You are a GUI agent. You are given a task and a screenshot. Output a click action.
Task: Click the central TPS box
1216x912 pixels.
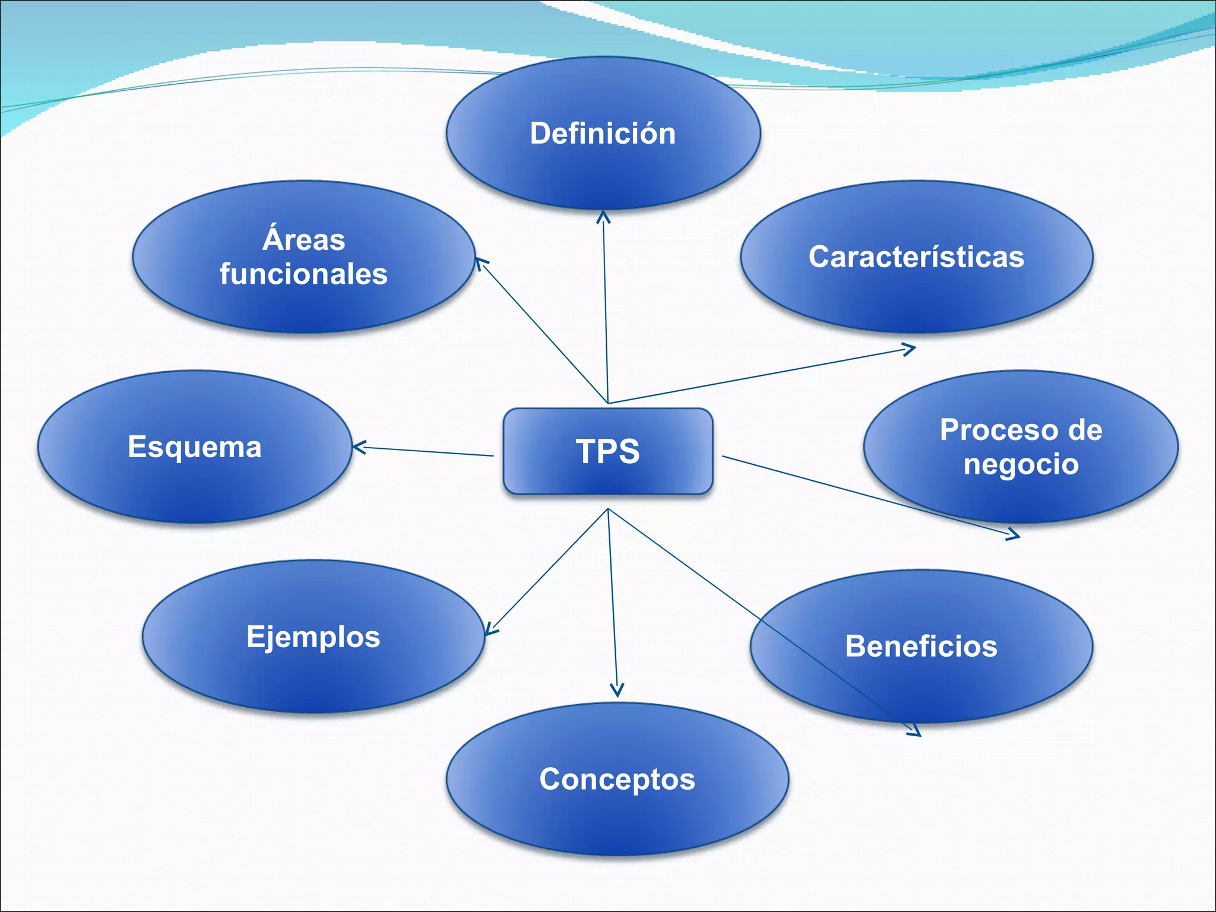pyautogui.click(x=607, y=451)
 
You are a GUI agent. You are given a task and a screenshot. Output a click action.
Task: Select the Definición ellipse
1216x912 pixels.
pyautogui.click(x=603, y=133)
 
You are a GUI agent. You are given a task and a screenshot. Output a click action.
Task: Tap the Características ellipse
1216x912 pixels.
pyautogui.click(x=916, y=256)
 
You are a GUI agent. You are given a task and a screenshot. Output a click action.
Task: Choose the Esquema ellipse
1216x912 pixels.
pyautogui.click(x=195, y=446)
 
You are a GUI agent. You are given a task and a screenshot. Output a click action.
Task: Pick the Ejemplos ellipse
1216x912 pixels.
pyautogui.click(x=313, y=636)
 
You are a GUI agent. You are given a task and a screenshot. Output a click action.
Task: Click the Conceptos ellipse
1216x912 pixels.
pyautogui.click(x=617, y=779)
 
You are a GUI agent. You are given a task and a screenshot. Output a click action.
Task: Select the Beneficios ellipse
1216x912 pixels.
pyautogui.click(x=921, y=646)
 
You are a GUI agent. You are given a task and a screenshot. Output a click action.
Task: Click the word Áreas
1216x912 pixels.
pyautogui.click(x=303, y=240)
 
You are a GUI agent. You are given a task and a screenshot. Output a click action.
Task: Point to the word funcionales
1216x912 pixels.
pyautogui.click(x=303, y=274)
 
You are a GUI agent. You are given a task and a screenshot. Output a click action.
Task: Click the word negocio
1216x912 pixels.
pyautogui.click(x=1021, y=464)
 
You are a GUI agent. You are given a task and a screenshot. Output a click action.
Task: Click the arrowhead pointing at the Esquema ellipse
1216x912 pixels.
pyautogui.click(x=357, y=447)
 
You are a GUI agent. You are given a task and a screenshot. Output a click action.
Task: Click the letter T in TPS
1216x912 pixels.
pyautogui.click(x=585, y=451)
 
